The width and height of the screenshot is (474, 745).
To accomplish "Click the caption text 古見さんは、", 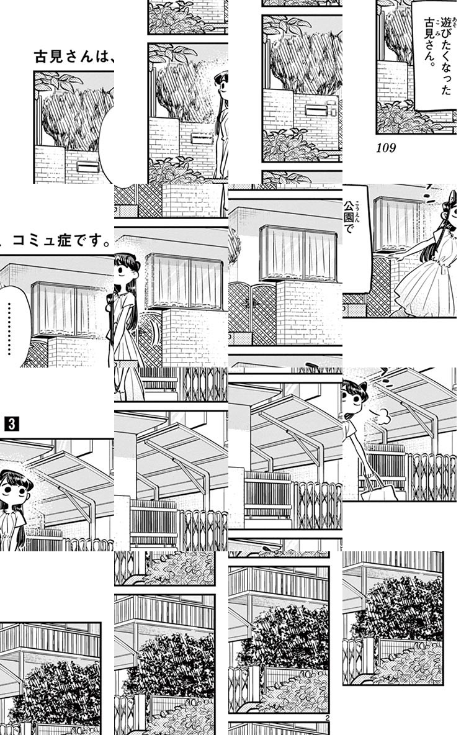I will pos(74,58).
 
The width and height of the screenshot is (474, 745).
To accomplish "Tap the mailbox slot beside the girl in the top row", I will pos(202,138).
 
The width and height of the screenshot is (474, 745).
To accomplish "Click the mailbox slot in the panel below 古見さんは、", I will pos(86,166).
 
